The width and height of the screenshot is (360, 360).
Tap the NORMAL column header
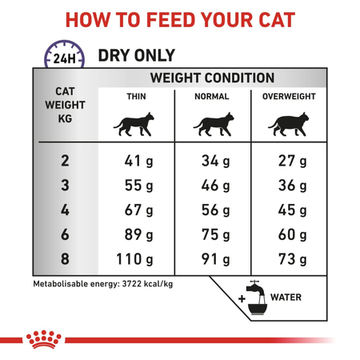tap(212, 97)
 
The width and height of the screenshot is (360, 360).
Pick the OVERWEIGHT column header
tap(290, 97)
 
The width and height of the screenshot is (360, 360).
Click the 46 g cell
tap(214, 186)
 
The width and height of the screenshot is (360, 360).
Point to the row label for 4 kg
tap(65, 211)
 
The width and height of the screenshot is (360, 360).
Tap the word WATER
tap(286, 298)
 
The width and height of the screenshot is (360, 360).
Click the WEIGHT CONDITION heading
tap(213, 78)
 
